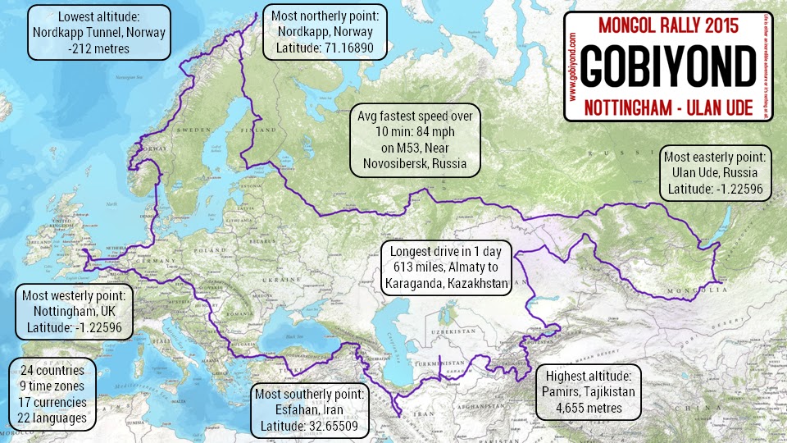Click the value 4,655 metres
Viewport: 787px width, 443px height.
(586, 407)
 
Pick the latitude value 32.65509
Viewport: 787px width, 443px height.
(339, 426)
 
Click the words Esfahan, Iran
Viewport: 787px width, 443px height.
(311, 409)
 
